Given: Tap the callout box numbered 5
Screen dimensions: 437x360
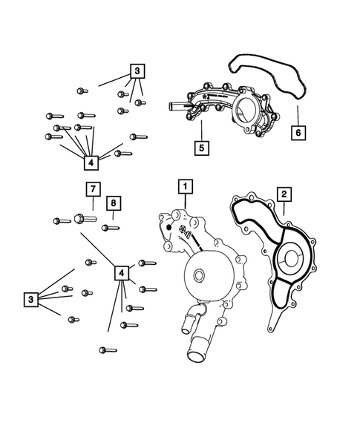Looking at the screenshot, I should tap(201, 147).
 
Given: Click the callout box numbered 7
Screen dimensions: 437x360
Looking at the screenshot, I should tap(92, 188).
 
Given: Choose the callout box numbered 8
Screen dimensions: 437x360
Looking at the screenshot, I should tap(113, 203).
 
